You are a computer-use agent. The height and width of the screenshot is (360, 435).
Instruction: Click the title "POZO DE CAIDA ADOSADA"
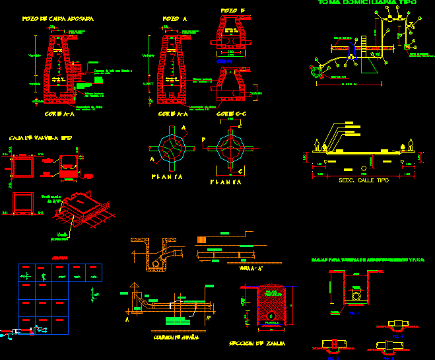[x=57, y=19]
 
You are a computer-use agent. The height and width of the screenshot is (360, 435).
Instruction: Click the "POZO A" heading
[x=174, y=19]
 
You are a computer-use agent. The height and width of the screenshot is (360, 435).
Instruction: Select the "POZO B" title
[x=233, y=11]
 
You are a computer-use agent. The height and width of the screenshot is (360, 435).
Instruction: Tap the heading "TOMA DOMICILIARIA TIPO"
[x=367, y=3]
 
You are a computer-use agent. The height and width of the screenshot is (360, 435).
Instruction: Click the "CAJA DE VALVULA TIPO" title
[x=40, y=138]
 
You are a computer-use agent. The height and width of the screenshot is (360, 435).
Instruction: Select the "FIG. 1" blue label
[x=354, y=313]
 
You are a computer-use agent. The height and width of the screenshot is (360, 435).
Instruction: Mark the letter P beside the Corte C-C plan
[x=204, y=139]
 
